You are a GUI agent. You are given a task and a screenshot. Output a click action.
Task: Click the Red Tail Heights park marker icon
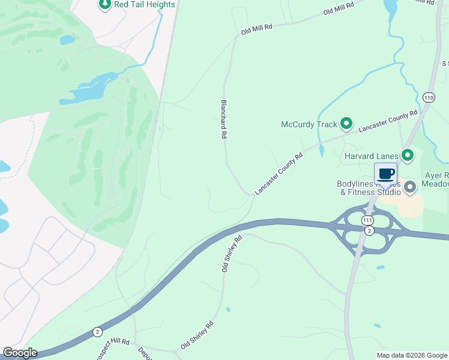coord(105,5)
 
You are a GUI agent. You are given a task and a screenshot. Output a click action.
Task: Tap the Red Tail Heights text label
coord(145,5)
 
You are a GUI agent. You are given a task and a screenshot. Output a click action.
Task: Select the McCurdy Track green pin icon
coord(346,124)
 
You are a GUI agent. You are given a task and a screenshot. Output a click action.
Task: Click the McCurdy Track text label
coord(309,125)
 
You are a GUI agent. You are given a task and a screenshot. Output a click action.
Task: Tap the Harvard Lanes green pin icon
coord(408,156)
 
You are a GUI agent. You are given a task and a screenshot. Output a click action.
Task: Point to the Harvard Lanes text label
coord(372,157)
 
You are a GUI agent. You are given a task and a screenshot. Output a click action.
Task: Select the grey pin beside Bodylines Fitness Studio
coord(410,187)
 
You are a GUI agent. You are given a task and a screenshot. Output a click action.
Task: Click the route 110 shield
coord(428,97)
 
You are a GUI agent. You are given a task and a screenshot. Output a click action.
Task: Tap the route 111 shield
coord(367,221)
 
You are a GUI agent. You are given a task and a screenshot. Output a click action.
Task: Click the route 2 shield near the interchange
coord(369,230)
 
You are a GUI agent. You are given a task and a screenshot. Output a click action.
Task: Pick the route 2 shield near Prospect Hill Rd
coord(97,332)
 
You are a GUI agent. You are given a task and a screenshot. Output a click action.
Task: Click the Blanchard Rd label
coord(224,119)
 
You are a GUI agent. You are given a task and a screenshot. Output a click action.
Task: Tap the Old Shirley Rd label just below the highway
coord(232,254)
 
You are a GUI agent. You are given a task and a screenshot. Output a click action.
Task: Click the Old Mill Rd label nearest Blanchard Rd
coord(257,28)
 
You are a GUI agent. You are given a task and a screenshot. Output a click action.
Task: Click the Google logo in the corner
coord(20,353)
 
